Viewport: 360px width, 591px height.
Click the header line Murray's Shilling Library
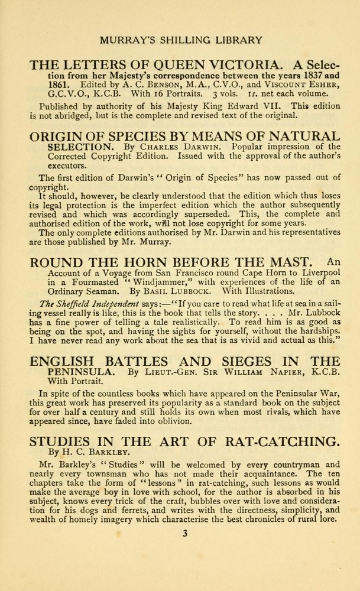click(181, 40)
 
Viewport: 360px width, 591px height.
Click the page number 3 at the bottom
click(184, 534)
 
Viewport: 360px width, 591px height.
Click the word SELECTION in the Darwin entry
click(86, 147)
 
